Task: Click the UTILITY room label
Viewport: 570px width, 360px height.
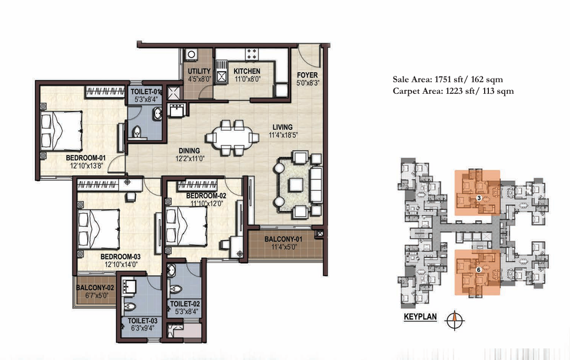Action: [x=199, y=71]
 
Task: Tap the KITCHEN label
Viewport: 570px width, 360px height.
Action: [x=247, y=71]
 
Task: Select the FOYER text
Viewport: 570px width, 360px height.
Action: [x=307, y=75]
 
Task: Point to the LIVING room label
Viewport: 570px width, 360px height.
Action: [x=282, y=127]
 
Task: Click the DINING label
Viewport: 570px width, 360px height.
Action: [x=189, y=151]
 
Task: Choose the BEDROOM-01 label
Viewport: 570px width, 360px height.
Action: [x=86, y=158]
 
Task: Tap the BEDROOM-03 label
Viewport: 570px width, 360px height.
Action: [x=120, y=257]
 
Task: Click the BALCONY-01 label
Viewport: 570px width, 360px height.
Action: [x=283, y=239]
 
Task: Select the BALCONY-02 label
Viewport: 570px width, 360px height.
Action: [x=95, y=288]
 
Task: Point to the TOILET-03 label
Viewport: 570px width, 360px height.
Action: [x=142, y=320]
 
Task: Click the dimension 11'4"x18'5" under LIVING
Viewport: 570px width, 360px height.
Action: [x=283, y=135]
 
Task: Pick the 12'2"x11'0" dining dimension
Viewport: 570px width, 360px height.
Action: [x=190, y=159]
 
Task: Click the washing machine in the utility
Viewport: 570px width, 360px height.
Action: [x=191, y=54]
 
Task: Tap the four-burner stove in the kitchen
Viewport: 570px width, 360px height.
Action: [x=252, y=54]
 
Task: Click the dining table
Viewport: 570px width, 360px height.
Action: [x=232, y=138]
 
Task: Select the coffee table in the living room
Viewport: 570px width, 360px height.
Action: [x=296, y=185]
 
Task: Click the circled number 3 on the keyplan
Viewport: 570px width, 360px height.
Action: [x=479, y=198]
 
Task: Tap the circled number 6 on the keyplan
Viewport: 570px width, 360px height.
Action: [x=479, y=270]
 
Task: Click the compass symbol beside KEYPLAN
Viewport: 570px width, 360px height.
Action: [x=455, y=320]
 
